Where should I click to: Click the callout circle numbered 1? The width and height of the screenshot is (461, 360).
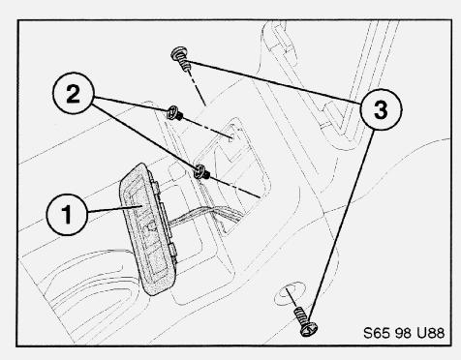(x=67, y=215)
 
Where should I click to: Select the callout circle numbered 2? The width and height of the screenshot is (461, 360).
(x=74, y=93)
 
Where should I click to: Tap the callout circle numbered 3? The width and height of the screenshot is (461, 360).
(x=381, y=109)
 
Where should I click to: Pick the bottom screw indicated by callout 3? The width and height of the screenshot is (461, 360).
(x=305, y=322)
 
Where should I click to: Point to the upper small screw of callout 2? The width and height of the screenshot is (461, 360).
(x=174, y=113)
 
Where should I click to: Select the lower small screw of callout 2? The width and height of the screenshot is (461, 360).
(x=201, y=172)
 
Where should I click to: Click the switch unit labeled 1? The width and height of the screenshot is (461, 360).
(x=149, y=229)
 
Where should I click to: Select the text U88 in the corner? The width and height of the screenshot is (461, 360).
(x=431, y=333)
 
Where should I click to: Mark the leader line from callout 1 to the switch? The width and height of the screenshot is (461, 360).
(x=114, y=209)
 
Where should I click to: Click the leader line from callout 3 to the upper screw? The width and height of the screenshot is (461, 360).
(x=274, y=81)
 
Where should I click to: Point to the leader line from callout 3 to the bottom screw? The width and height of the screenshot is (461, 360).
(x=342, y=225)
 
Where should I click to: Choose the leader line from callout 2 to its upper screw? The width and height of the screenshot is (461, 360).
(x=131, y=105)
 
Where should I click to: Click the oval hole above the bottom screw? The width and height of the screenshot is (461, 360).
(x=290, y=293)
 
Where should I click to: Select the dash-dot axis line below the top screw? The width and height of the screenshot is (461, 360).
(x=197, y=88)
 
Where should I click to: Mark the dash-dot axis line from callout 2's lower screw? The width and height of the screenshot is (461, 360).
(x=235, y=187)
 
